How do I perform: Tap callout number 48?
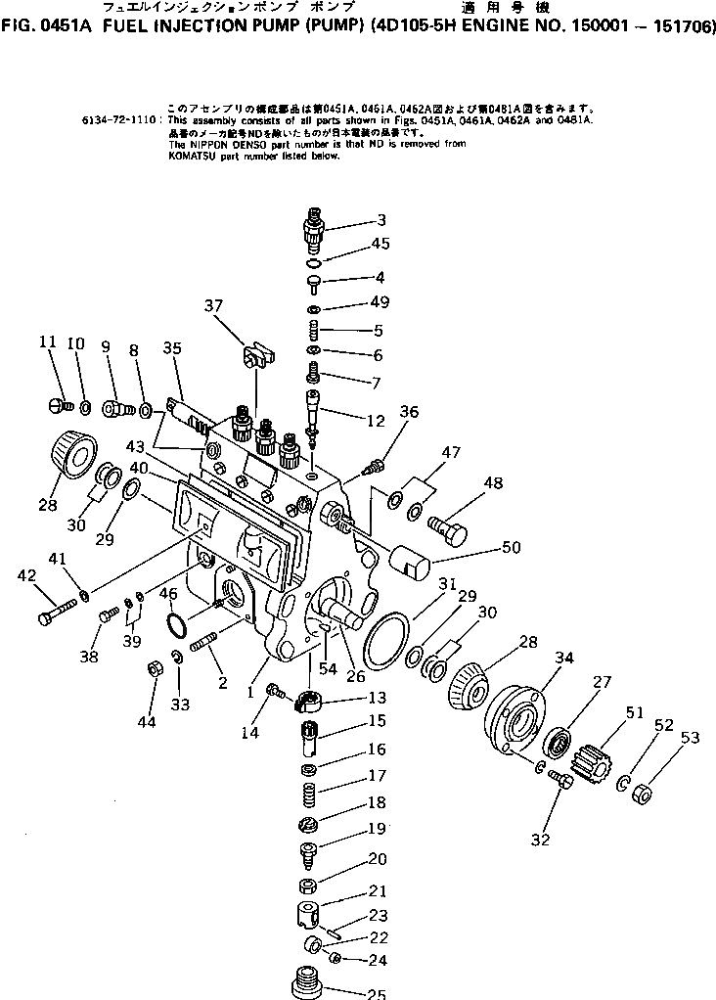pos(492,482)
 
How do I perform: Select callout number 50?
pos(511,547)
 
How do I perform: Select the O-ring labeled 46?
pos(177,625)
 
